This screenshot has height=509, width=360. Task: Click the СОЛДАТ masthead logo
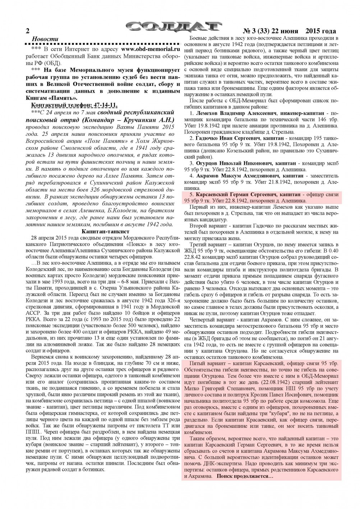[x=174, y=27]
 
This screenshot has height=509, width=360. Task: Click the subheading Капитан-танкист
[x=102, y=231]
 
